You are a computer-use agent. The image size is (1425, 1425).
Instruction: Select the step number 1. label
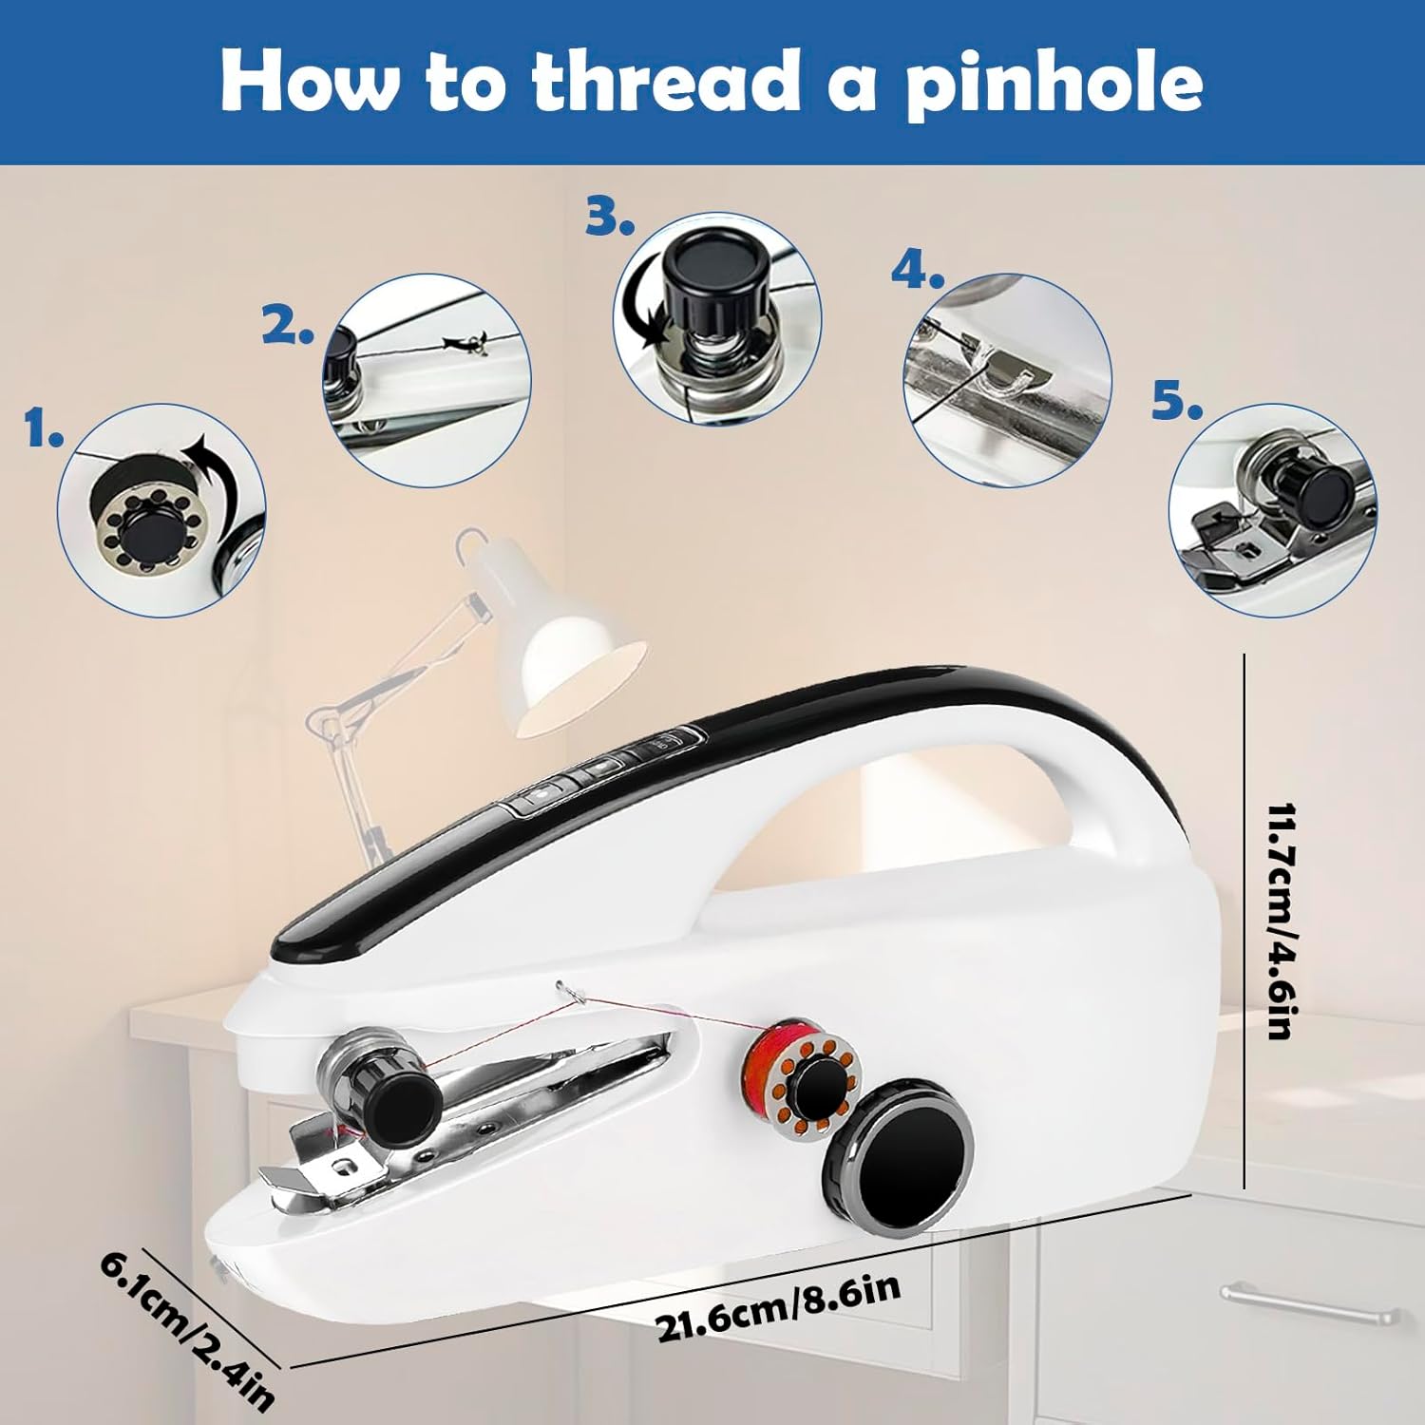[44, 430]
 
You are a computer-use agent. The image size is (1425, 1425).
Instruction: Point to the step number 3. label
[609, 218]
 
